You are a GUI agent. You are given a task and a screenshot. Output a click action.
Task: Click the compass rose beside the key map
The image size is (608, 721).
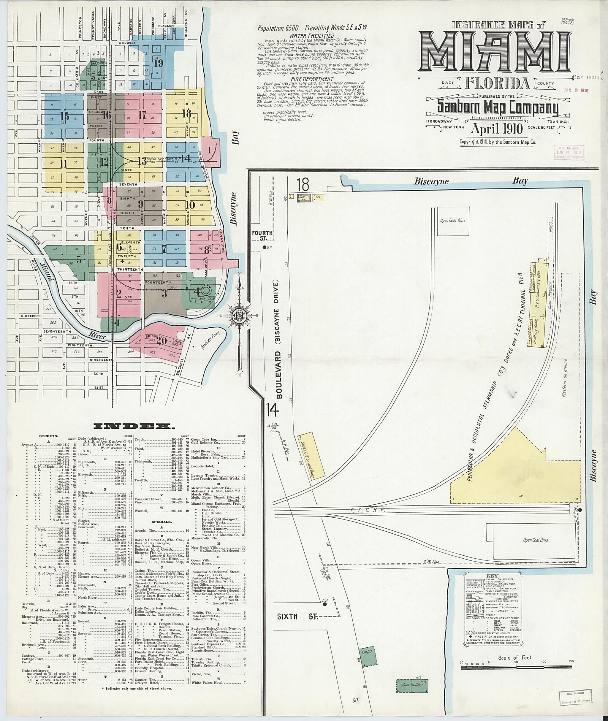pos(238,315)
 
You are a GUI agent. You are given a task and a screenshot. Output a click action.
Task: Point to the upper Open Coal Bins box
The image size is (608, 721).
pos(453,221)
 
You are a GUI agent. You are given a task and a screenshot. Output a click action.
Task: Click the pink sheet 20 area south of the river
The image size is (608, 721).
pos(160,340)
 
